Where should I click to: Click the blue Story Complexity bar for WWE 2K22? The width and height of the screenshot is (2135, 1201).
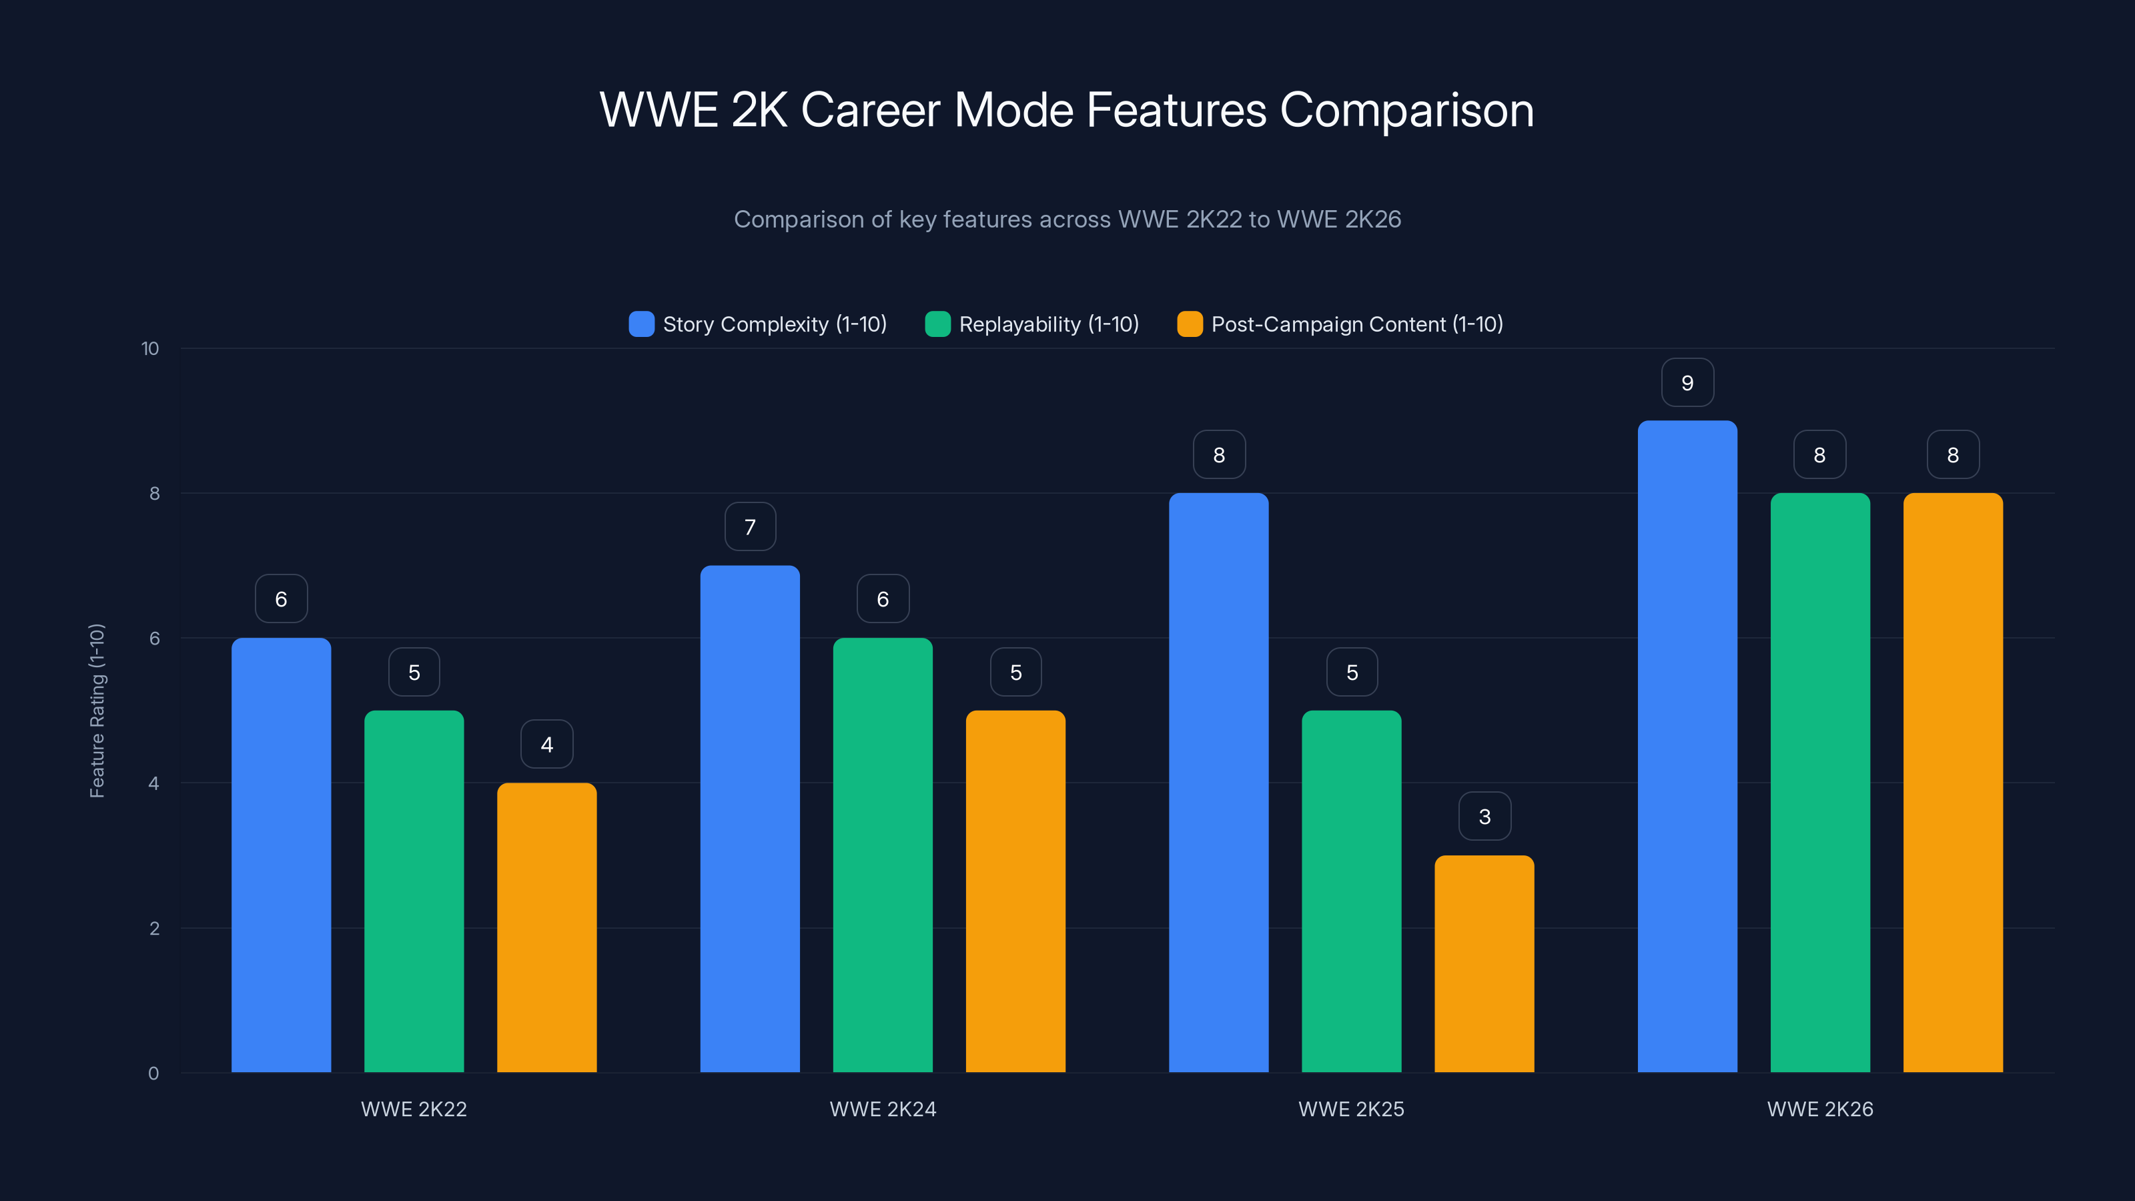point(281,855)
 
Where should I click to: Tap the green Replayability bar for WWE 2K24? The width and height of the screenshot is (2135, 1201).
point(883,855)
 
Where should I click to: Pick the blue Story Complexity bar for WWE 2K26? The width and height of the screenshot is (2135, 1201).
point(1687,746)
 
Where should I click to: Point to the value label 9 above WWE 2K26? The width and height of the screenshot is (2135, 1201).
point(1687,383)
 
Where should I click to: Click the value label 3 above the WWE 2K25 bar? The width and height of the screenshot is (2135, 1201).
point(1484,817)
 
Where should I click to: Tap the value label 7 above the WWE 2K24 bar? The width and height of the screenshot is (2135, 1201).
point(750,527)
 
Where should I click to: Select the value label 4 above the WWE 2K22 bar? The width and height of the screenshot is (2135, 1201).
point(546,745)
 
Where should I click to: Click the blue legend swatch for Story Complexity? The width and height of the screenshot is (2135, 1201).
point(641,324)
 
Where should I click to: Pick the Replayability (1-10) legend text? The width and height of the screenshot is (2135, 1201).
point(1048,324)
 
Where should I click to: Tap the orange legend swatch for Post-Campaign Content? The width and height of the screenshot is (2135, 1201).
point(1190,324)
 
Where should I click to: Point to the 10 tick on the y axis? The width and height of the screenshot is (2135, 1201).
point(150,348)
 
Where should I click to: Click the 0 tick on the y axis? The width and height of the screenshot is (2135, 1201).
point(153,1074)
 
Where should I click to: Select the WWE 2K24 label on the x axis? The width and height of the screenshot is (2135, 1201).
point(883,1109)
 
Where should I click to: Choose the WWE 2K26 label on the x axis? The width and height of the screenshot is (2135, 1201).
point(1820,1109)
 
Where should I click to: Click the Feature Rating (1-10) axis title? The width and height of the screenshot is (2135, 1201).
point(97,711)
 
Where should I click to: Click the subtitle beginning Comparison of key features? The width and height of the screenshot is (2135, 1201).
point(1067,219)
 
